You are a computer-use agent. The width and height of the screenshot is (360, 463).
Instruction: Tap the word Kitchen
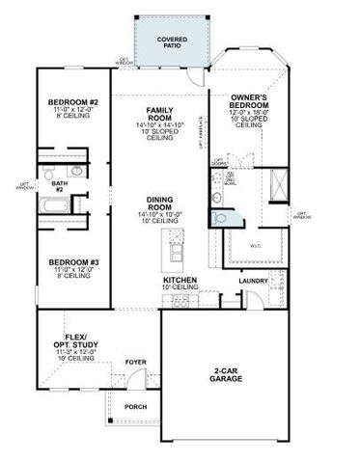[x=180, y=280]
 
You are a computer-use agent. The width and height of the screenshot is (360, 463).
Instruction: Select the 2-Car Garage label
[x=228, y=376]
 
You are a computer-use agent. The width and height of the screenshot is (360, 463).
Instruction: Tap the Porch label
[x=136, y=406]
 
